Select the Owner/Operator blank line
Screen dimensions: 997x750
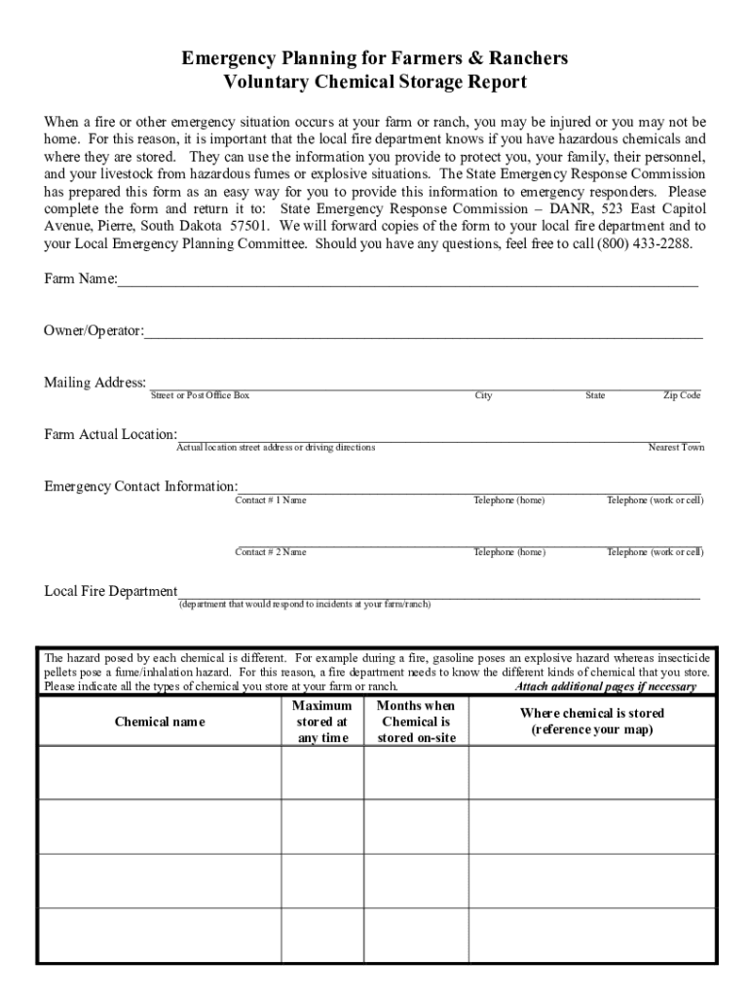(x=423, y=337)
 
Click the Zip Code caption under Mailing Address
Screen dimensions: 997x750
(x=682, y=395)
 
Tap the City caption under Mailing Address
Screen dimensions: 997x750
(x=484, y=395)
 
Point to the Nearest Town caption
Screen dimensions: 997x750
(x=676, y=448)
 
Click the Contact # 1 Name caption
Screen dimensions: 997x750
(x=271, y=500)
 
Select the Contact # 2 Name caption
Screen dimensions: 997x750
(x=271, y=552)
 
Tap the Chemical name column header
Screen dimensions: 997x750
(x=160, y=722)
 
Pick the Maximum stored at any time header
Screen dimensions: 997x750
(x=321, y=721)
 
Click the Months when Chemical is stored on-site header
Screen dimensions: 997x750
(x=416, y=721)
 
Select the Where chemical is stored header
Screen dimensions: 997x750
(x=592, y=721)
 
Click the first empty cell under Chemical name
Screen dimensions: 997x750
(x=160, y=772)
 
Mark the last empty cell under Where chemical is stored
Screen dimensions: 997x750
(x=592, y=936)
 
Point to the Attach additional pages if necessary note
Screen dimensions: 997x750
(x=605, y=686)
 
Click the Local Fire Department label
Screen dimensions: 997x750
(x=111, y=591)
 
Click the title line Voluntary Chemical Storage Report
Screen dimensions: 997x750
(x=375, y=82)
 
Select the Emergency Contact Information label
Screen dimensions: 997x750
(x=141, y=486)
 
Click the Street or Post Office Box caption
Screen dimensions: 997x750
(x=200, y=395)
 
